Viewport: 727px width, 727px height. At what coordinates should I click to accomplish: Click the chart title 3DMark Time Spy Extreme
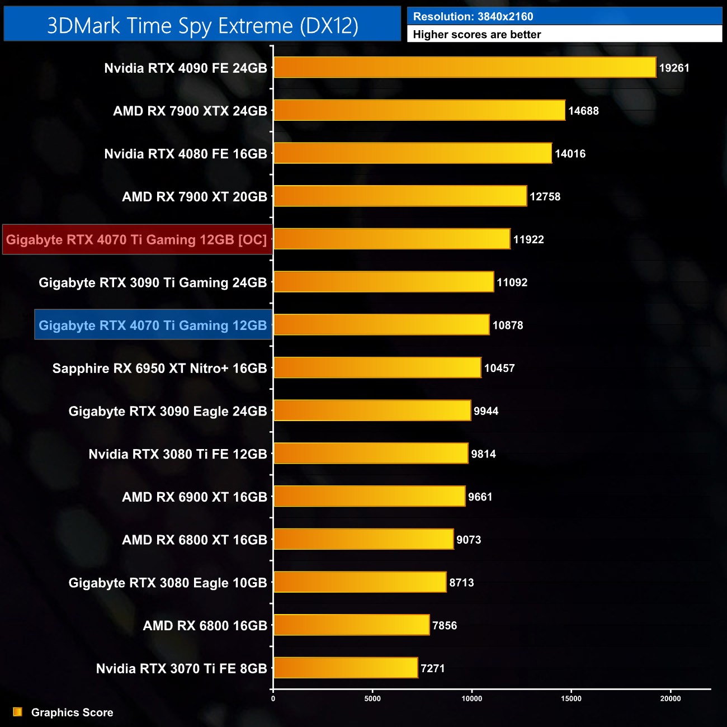pos(202,26)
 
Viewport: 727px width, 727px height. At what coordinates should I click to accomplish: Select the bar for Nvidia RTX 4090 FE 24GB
pos(465,68)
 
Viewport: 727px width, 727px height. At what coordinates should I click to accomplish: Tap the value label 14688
pos(583,111)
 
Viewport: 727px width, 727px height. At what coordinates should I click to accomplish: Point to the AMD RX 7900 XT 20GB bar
pos(400,196)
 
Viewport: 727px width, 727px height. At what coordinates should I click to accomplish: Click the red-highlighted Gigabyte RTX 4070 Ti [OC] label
pos(137,240)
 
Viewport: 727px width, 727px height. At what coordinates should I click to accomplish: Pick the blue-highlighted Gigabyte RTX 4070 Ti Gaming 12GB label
pos(153,325)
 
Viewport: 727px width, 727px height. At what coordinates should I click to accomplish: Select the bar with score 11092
pos(384,282)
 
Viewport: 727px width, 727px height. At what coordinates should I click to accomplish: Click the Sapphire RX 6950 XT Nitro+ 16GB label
pos(159,369)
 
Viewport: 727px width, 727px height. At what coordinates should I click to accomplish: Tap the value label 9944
pos(486,411)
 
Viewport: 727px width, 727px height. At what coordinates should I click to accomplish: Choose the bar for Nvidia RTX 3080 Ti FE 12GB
pos(371,454)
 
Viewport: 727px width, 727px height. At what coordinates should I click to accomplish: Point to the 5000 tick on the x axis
pos(372,698)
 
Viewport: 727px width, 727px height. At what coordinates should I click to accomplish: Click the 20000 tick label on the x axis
pos(671,698)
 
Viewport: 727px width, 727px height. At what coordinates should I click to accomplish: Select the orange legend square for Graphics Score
pos(18,712)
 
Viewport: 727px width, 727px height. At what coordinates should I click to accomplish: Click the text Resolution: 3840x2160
pos(473,17)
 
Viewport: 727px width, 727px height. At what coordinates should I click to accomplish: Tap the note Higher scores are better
pos(477,35)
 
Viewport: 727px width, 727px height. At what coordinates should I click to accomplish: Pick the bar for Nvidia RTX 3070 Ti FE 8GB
pos(346,668)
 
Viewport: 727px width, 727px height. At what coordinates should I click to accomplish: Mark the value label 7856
pos(445,625)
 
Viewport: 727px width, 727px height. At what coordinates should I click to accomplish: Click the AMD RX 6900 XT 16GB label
pos(195,497)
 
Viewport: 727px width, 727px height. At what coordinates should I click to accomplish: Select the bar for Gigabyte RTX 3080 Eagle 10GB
pos(360,582)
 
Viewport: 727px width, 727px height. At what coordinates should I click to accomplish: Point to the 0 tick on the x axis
pos(273,698)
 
